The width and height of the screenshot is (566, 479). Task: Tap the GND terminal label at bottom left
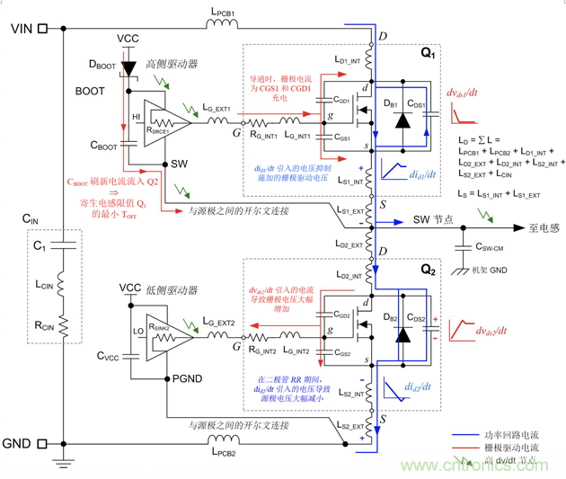click(19, 444)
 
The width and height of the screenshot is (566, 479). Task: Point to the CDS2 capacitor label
click(416, 317)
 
